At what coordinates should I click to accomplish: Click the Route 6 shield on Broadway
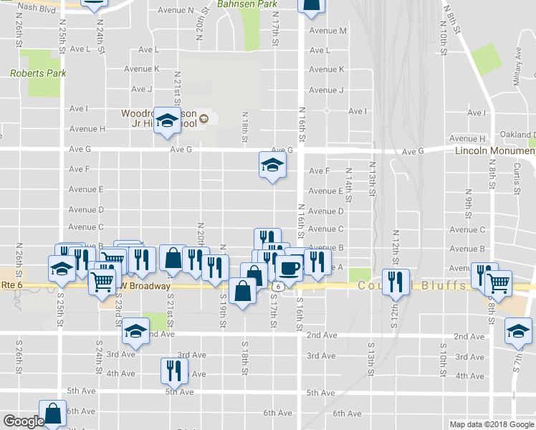coord(276,286)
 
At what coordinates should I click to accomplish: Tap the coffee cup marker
coord(289,268)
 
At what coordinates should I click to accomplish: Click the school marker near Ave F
coord(272,166)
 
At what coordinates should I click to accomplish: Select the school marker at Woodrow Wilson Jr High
coord(167,121)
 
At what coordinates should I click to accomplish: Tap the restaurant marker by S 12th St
coord(395,282)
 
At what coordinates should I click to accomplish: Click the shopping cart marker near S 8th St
coord(498,282)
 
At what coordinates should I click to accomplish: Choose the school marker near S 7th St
coord(518,331)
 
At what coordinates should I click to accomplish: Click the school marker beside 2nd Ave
coord(135,330)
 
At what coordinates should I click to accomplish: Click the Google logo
coord(24,421)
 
